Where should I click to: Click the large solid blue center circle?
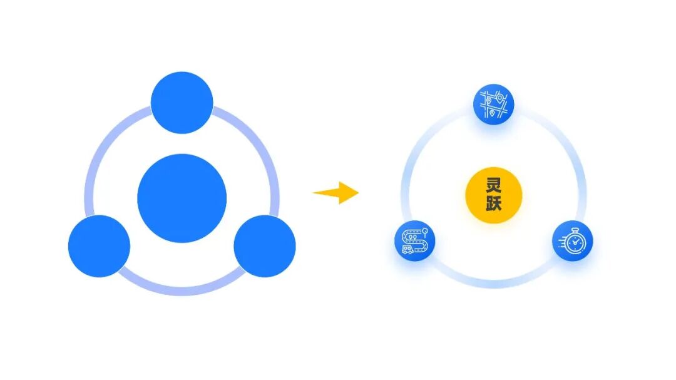182,198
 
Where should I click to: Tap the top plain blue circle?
182,103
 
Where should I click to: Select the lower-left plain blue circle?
99,246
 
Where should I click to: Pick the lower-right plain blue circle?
264,246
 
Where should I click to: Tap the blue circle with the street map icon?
493,105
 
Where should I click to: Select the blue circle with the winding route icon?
414,241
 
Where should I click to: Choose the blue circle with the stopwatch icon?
572,241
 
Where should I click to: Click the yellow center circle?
493,195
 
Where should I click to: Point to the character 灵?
493,185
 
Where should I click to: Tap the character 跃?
493,204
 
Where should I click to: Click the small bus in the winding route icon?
407,249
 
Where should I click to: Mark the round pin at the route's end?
424,231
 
